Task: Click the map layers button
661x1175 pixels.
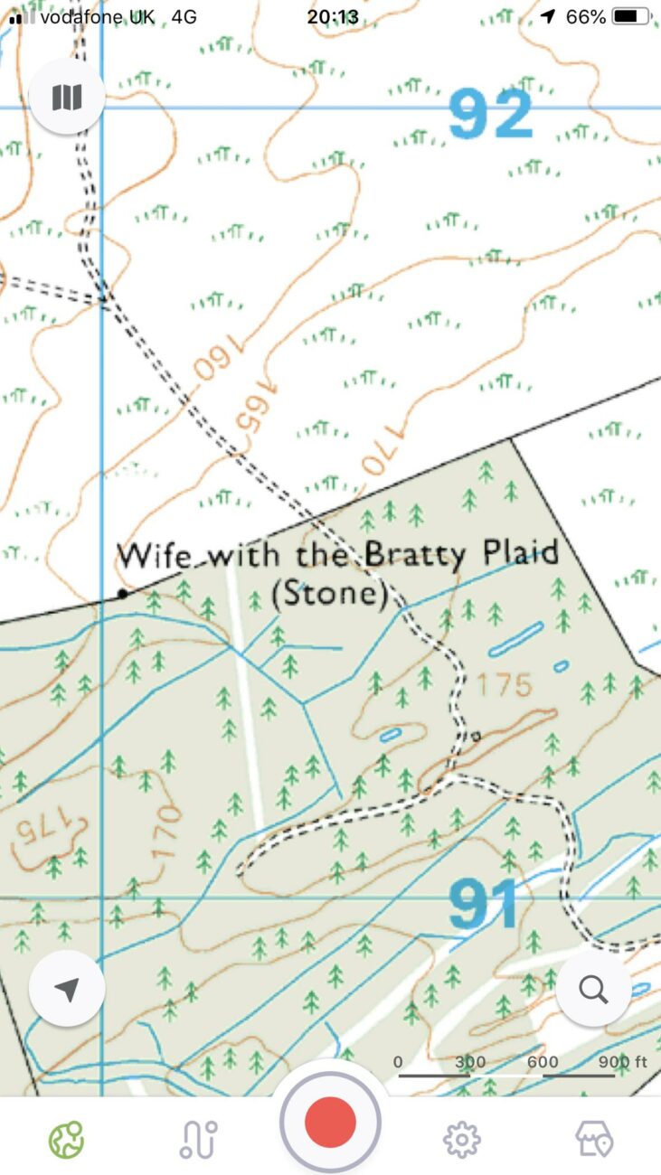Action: (x=67, y=97)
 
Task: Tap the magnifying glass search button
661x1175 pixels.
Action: (x=593, y=990)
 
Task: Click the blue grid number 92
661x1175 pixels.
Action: (x=490, y=115)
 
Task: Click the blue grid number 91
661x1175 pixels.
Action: (x=485, y=904)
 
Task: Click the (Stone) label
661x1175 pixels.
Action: (x=329, y=595)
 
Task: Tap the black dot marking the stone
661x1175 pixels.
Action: (x=122, y=594)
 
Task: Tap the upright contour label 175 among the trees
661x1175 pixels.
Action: (x=504, y=684)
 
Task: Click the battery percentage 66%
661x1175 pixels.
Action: (x=585, y=16)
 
